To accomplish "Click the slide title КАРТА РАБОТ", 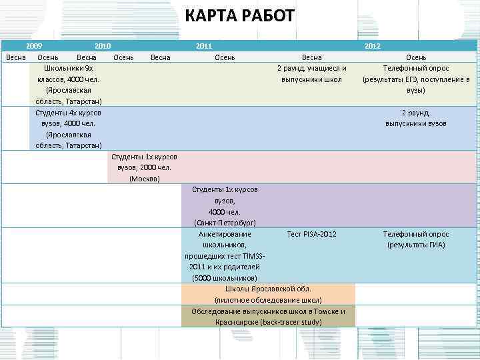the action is (x=239, y=15).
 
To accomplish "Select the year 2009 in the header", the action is (x=35, y=46).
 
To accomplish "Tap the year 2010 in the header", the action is (x=102, y=46).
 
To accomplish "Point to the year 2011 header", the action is (x=204, y=46).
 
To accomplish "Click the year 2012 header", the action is (x=373, y=46).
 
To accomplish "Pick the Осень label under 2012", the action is (x=416, y=57).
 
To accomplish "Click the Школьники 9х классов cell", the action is (x=69, y=84).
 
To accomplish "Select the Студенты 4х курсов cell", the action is (x=69, y=129).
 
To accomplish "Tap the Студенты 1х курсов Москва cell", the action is (x=144, y=167).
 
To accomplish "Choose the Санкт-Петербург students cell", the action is (x=225, y=206).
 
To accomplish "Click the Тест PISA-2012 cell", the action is (x=311, y=235).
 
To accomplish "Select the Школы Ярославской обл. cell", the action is (x=268, y=294).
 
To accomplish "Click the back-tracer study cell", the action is (x=268, y=317).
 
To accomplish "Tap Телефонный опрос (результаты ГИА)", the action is (x=416, y=239).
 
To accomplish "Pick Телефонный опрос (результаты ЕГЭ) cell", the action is (x=416, y=79).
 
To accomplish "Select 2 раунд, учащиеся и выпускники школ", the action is (x=311, y=73).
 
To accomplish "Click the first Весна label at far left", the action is (x=15, y=57).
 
